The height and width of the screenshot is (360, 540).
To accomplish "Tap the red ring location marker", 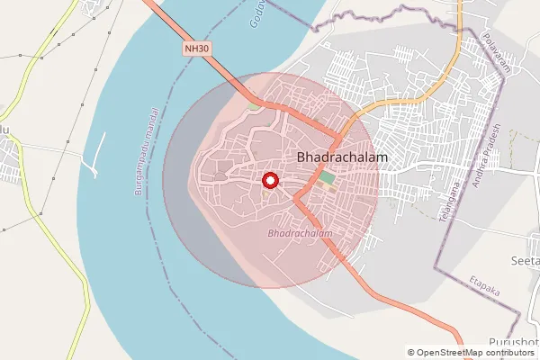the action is point(269,181).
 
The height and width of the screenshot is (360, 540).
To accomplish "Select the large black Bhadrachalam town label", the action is point(341,157).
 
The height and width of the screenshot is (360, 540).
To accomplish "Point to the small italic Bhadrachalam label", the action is point(301,234).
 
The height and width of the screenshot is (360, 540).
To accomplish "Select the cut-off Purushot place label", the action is point(513,343).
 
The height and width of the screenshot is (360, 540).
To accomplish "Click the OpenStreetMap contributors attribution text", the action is point(477,353).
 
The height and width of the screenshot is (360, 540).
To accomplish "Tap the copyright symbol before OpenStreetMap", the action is point(411,353).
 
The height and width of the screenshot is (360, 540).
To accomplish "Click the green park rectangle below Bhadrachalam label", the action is point(326,178).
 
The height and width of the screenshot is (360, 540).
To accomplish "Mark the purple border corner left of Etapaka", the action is point(437,266).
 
